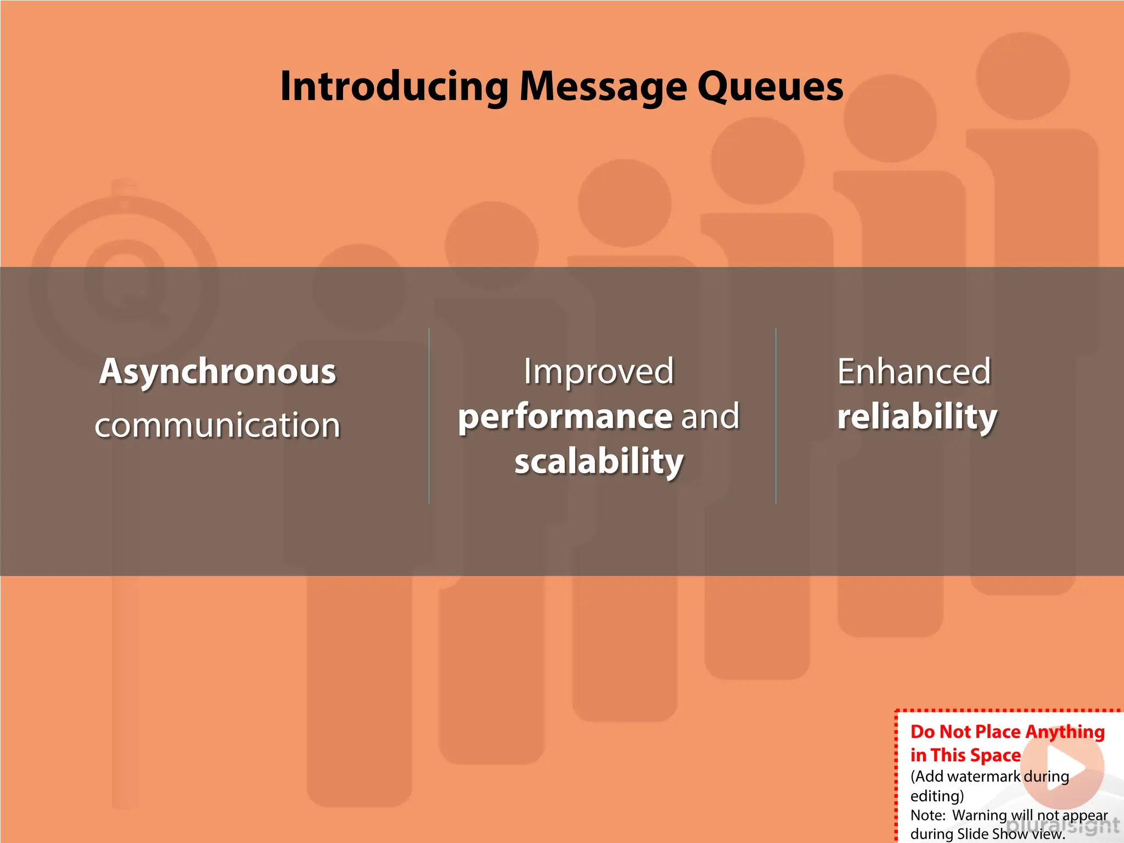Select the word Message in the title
(x=603, y=87)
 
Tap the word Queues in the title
(x=770, y=87)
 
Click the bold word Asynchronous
(x=217, y=372)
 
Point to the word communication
(x=217, y=425)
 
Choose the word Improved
(x=598, y=372)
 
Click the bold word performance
(x=565, y=417)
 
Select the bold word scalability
(x=599, y=461)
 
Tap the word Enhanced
(x=914, y=372)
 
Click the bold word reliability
(x=917, y=417)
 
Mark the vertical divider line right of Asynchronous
(x=429, y=415)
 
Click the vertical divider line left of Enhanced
(x=775, y=415)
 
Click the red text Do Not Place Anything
(x=1007, y=732)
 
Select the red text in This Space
(x=965, y=756)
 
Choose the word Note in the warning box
(x=926, y=815)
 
